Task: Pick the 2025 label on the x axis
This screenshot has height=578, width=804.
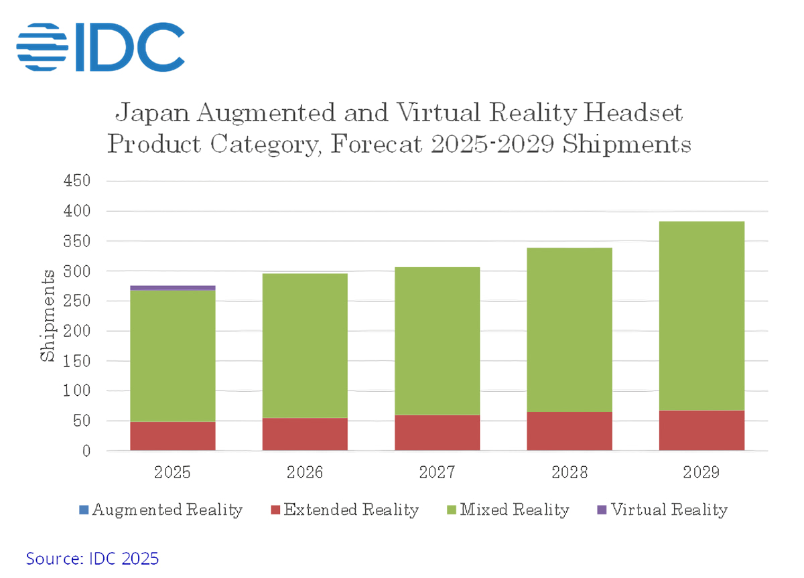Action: click(x=172, y=472)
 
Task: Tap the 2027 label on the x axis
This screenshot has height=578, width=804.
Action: click(x=437, y=472)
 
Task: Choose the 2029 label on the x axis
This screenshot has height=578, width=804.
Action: click(x=701, y=472)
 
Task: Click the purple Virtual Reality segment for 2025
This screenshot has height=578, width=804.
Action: click(x=172, y=288)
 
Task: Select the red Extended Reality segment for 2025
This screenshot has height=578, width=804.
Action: click(x=172, y=436)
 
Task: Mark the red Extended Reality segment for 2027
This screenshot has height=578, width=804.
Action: click(x=437, y=433)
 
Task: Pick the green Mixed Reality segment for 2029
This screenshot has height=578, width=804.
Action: click(x=701, y=315)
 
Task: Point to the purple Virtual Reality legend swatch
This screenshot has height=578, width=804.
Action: click(x=601, y=510)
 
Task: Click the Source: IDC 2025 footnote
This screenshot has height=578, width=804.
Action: click(x=92, y=558)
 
